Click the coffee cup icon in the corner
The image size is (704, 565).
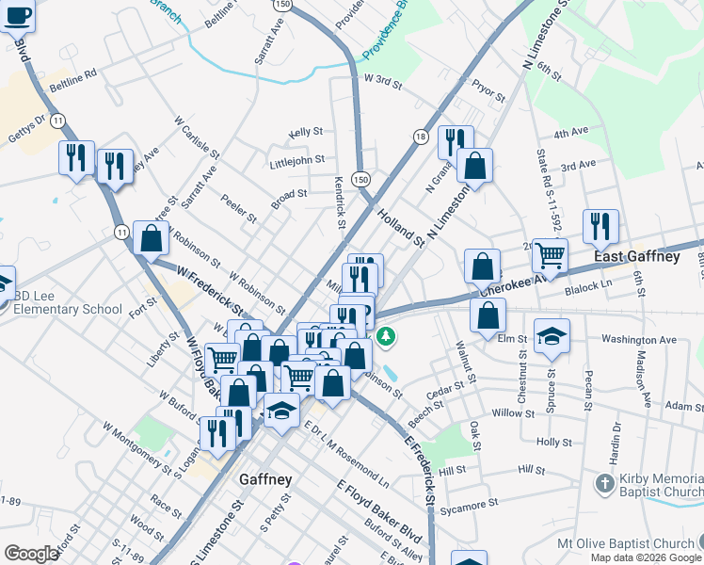point(18,16)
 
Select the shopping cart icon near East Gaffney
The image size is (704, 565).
point(550,253)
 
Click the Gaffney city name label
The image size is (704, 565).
point(265,479)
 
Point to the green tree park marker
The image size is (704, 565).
point(385,335)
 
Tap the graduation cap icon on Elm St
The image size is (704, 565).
point(552,336)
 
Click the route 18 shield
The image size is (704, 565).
point(420,137)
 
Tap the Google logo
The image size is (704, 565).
point(31,554)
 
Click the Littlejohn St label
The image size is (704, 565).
point(296,160)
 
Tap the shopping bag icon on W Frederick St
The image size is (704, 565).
point(151,238)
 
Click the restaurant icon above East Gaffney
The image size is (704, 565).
point(600,226)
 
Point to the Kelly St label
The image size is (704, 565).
point(306,133)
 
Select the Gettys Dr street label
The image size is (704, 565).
point(25,130)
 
